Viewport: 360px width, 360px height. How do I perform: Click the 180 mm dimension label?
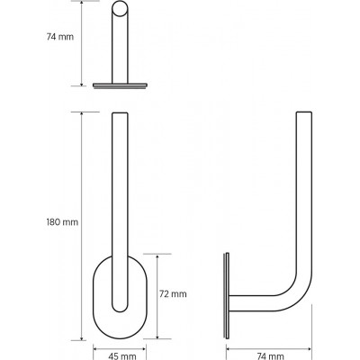[x=62, y=222]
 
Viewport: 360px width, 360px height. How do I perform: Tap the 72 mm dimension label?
[x=173, y=294]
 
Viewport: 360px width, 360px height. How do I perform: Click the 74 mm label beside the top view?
[x=60, y=37]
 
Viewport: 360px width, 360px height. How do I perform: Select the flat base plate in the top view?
[x=120, y=85]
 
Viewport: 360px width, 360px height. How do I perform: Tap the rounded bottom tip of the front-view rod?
[x=120, y=309]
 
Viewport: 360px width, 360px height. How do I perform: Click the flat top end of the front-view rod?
[x=120, y=113]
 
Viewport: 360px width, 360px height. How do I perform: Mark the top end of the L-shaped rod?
[x=304, y=112]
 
